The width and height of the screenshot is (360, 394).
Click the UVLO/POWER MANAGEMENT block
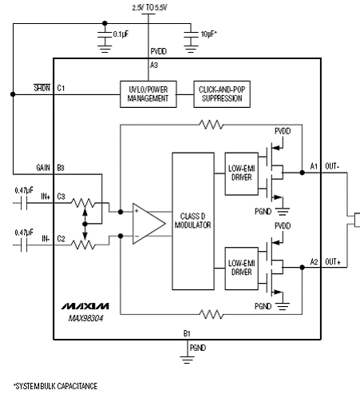(148, 94)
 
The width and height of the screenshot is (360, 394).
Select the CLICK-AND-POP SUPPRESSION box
(222, 94)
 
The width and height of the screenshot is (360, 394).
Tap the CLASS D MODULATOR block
(193, 221)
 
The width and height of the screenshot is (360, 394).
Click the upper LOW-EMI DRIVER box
(242, 173)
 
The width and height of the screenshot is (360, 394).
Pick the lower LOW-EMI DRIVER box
(242, 269)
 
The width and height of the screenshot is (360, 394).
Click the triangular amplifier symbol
(148, 224)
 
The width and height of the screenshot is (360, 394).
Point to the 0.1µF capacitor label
(121, 34)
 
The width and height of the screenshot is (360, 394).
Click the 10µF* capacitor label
(209, 34)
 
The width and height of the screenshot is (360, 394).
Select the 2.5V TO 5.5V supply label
(150, 7)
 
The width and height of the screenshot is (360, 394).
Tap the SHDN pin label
(42, 88)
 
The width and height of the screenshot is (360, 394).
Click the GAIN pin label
(43, 168)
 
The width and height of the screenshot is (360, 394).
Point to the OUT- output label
(332, 166)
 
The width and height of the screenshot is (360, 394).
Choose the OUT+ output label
(333, 262)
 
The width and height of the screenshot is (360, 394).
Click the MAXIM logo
(85, 306)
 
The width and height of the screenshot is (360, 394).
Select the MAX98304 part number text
(85, 318)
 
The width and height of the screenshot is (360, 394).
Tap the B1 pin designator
(187, 333)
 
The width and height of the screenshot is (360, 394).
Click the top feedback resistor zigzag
(212, 125)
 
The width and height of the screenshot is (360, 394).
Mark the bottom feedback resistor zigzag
(212, 314)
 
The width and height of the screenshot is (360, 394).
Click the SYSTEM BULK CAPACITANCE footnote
(55, 386)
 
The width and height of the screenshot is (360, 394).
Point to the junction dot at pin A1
(302, 173)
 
